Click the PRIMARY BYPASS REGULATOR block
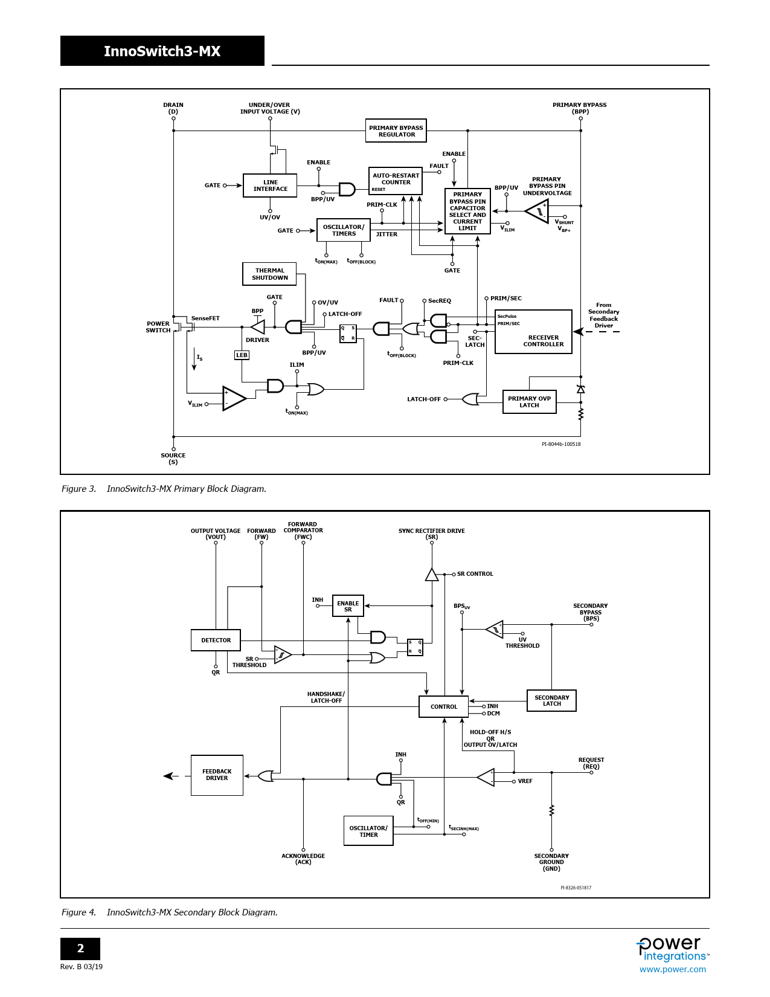396,131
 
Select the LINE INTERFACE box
270,186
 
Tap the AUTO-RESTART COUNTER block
396,181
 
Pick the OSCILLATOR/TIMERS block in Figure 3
344,230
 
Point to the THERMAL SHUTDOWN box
269,274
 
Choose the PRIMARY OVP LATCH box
529,402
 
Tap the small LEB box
242,355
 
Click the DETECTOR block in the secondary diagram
216,640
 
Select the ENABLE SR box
348,606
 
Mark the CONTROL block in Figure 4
443,706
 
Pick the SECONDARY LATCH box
551,700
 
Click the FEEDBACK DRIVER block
217,775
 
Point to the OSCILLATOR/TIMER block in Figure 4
368,831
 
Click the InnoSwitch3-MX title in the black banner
162,51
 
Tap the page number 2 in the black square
80,949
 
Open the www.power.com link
672,969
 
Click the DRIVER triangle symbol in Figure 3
258,327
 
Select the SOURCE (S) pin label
173,459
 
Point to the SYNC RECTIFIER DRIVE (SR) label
431,534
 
